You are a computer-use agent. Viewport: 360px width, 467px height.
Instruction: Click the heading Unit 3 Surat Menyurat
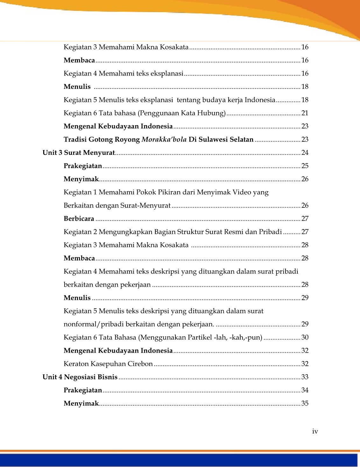tap(79, 153)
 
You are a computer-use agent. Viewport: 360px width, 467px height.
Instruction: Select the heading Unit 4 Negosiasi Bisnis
tap(80, 377)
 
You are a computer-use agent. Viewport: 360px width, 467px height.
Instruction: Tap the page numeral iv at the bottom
tap(315, 431)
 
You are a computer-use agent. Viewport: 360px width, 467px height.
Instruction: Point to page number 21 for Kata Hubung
tap(305, 113)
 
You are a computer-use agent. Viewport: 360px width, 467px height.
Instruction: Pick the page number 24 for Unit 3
tap(305, 153)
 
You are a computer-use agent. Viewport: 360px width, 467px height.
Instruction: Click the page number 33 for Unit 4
tap(305, 377)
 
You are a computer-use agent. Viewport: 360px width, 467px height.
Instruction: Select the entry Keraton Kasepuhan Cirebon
tap(108, 364)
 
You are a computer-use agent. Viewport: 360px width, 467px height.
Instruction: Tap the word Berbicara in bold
tap(79, 219)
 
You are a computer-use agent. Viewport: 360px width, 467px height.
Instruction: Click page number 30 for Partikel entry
tap(305, 337)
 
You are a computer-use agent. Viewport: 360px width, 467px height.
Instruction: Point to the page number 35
tap(305, 403)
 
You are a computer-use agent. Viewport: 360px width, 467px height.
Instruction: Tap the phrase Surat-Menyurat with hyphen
tap(145, 205)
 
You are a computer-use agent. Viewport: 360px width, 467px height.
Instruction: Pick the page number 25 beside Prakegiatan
tap(305, 166)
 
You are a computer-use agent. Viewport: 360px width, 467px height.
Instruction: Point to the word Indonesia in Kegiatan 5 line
tap(260, 100)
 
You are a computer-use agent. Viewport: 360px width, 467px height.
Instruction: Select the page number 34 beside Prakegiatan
tap(305, 390)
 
